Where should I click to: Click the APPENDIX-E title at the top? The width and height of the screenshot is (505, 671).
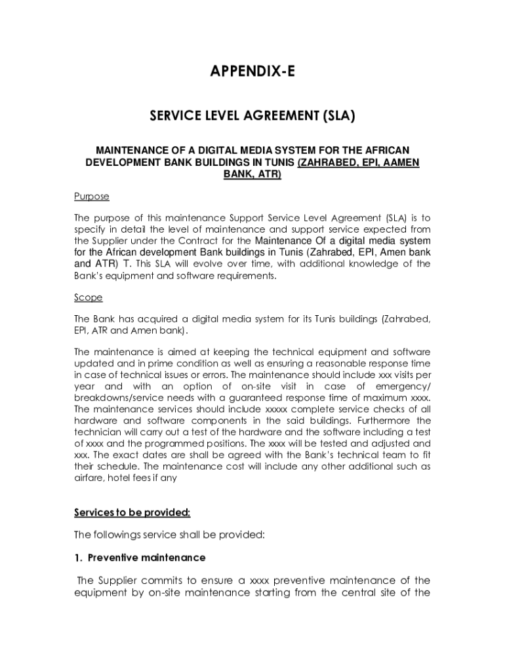tap(253, 71)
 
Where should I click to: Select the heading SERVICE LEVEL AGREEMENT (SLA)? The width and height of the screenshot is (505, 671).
tap(253, 117)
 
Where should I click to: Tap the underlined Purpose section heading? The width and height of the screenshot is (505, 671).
tap(91, 197)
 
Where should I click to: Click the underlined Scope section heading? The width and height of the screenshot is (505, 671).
tap(89, 297)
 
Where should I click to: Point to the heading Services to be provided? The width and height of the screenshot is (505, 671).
tap(132, 512)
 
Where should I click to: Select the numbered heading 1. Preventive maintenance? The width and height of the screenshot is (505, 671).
tap(140, 558)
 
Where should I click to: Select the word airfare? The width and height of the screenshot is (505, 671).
tap(91, 478)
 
